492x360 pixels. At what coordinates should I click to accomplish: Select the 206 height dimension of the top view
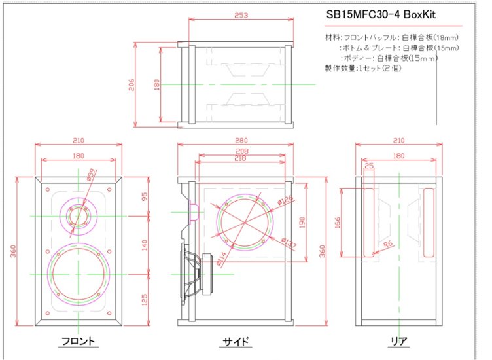[132, 85]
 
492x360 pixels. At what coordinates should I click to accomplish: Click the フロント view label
[78, 341]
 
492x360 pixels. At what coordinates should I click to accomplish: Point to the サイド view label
[236, 341]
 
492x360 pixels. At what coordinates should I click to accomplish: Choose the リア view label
[399, 341]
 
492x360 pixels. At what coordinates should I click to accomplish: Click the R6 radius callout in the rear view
[388, 243]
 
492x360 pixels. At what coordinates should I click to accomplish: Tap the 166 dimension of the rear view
[338, 223]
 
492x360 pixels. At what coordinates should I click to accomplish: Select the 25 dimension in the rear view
[369, 167]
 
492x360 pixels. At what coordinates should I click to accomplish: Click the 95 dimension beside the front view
[145, 196]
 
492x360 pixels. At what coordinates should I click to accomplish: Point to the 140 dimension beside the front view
[145, 245]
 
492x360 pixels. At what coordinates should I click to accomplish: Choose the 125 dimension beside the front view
[145, 298]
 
